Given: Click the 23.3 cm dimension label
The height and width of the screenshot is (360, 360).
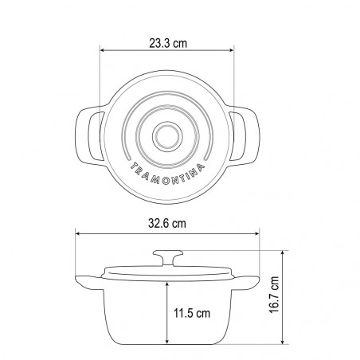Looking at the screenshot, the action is point(168,43).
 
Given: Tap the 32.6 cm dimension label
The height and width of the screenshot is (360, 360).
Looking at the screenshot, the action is point(167,224).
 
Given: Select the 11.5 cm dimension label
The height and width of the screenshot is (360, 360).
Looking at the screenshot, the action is point(192,313).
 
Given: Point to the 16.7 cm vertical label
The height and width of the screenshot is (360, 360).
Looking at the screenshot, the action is point(274,295).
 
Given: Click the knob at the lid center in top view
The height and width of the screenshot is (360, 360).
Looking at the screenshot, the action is point(167,136).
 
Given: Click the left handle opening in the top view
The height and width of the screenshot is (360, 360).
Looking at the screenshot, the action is point(95,136).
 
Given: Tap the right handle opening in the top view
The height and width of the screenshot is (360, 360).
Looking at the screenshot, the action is point(238,136).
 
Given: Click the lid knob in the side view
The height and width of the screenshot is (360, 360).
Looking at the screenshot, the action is point(168,257).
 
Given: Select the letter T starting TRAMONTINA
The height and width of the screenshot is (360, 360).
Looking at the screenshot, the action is point(134,166).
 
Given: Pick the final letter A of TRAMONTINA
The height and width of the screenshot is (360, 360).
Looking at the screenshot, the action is point(201,167).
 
